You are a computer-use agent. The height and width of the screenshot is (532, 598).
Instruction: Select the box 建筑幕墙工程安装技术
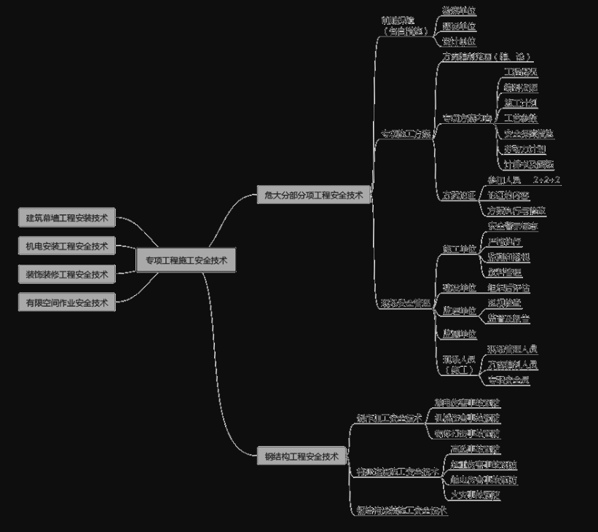(67, 217)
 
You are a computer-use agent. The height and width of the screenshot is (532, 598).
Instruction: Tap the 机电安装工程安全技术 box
(67, 246)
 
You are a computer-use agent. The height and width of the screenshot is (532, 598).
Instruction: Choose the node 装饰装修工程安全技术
(67, 275)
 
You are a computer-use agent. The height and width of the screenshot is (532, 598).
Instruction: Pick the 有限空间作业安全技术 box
(67, 302)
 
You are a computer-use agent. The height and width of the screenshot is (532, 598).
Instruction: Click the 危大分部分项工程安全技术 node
(314, 195)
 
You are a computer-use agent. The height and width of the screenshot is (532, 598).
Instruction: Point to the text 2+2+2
(546, 179)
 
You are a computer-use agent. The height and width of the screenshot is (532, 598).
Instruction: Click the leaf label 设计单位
(459, 42)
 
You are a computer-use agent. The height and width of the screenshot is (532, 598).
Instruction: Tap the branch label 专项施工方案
(406, 134)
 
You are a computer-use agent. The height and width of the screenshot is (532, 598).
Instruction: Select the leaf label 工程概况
(521, 72)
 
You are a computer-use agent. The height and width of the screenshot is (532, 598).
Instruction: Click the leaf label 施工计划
(521, 103)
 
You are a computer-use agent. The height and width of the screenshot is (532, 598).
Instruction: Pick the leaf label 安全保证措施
(528, 133)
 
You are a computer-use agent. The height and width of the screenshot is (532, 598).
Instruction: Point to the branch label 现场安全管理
(406, 301)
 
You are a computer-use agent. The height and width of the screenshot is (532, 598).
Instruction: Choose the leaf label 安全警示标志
(513, 227)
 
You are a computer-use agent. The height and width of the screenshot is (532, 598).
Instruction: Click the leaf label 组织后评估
(508, 288)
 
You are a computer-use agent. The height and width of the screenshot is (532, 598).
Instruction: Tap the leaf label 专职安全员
(508, 380)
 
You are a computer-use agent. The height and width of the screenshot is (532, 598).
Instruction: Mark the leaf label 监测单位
(460, 334)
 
